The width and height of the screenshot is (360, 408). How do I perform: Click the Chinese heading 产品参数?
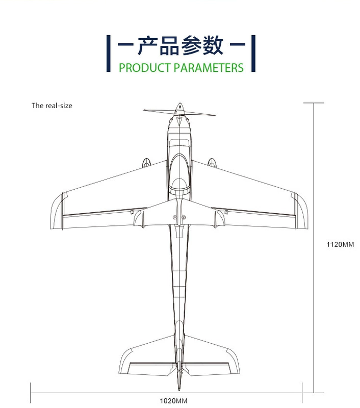click(179, 46)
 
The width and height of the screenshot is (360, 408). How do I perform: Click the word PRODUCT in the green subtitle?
click(145, 68)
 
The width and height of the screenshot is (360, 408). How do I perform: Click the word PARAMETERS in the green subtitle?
click(209, 68)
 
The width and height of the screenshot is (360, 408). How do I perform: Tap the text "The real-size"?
click(52, 106)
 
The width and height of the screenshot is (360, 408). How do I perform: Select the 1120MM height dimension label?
click(340, 244)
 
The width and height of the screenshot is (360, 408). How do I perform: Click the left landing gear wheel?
click(146, 163)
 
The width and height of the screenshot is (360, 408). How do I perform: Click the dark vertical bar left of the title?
click(108, 53)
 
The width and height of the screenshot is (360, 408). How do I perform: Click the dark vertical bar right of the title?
click(252, 53)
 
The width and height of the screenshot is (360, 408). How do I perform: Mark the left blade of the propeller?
click(159, 111)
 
